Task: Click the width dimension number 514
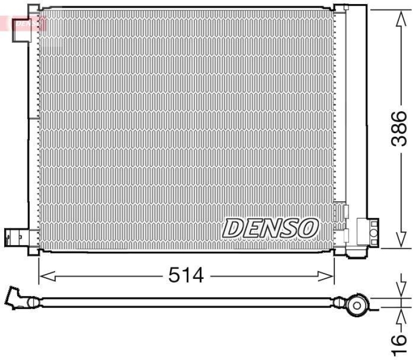(186, 275)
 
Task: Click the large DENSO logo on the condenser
(271, 227)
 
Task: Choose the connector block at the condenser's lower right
(367, 232)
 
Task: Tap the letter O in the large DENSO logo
(308, 227)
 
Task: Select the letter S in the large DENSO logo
(290, 227)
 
